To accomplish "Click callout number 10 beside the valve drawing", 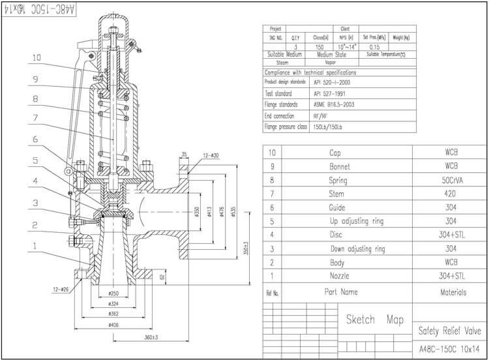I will [x=37, y=57].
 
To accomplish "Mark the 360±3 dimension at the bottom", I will [x=153, y=337].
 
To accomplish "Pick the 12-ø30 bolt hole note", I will [x=211, y=155].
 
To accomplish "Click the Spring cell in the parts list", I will [x=338, y=180].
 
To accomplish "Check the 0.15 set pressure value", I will [x=375, y=47].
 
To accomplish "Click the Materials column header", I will [x=452, y=292].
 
